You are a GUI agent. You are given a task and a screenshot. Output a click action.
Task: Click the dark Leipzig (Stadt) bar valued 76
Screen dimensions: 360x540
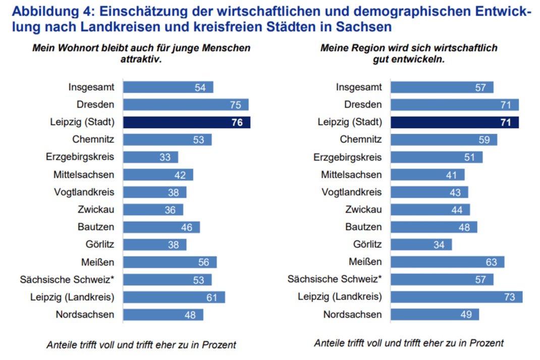187,122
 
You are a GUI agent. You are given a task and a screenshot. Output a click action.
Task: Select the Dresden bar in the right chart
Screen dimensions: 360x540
455,105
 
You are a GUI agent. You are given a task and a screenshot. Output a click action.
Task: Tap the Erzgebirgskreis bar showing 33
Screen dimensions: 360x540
151,157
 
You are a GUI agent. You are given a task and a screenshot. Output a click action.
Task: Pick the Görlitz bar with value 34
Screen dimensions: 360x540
421,245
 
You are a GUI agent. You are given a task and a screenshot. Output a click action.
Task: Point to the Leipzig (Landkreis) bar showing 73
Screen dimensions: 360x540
457,297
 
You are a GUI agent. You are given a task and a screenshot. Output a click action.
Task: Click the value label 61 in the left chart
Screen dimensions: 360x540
212,297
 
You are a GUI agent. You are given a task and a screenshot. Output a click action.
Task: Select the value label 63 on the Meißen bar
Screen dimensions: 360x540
492,262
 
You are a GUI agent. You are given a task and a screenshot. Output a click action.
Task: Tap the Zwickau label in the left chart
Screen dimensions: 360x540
96,210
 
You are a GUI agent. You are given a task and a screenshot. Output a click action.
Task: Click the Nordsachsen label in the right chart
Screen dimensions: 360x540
353,315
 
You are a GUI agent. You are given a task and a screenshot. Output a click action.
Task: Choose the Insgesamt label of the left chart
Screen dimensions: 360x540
91,87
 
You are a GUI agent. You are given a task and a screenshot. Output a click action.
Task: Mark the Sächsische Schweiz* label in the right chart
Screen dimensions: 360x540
335,279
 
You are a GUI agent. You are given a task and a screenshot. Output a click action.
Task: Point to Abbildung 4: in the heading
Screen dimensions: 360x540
44,11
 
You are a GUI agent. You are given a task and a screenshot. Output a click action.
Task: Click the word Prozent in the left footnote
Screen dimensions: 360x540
220,345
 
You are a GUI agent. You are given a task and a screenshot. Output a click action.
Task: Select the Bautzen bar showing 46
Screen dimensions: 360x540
161,227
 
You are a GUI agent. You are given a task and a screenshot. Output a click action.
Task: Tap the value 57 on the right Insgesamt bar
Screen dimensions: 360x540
480,87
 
